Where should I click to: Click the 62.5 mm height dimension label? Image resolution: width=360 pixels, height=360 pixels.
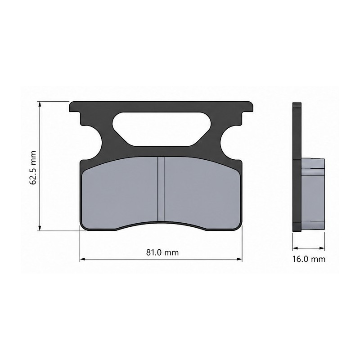click(x=32, y=167)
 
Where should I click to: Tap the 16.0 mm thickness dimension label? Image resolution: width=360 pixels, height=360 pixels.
click(x=308, y=259)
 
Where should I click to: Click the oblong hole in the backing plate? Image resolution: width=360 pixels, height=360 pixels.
click(x=161, y=128)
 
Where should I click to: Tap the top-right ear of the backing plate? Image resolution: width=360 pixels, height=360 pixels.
click(x=245, y=108)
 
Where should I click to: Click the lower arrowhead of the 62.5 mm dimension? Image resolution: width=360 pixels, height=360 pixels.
click(x=40, y=228)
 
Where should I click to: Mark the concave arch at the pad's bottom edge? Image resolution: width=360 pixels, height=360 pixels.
click(x=161, y=221)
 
